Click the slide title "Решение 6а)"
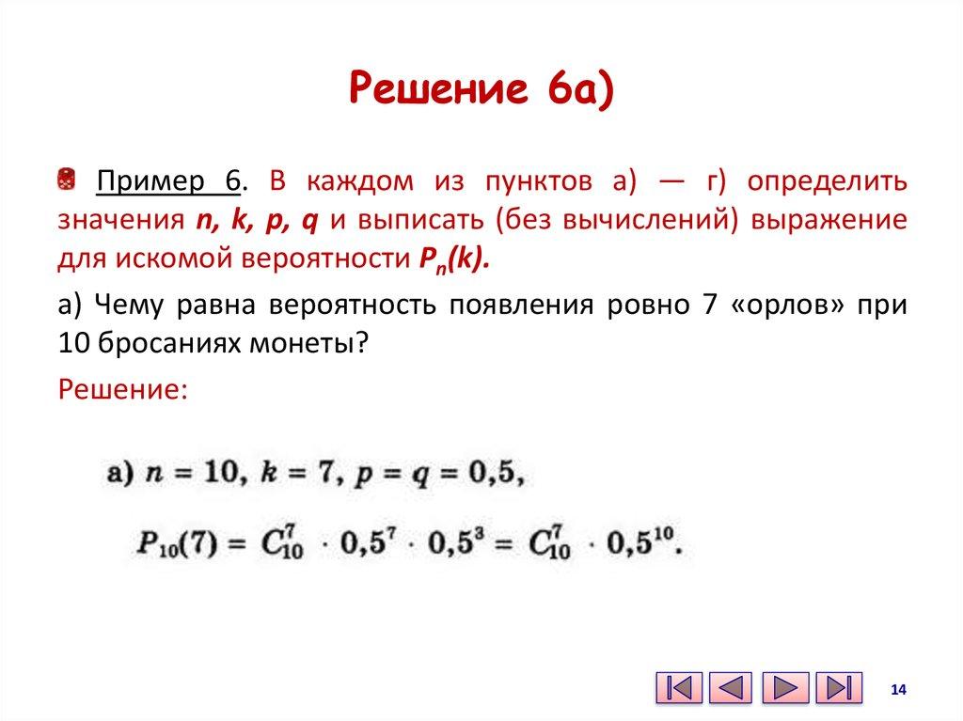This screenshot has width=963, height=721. coord(481,91)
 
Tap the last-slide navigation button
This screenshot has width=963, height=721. coord(839,688)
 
